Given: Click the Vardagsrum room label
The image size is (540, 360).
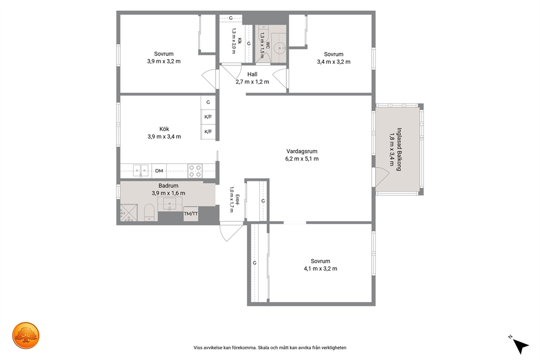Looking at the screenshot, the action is click(x=302, y=151).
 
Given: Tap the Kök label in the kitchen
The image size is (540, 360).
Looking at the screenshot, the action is click(x=164, y=129).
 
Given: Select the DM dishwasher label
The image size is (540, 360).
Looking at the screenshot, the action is click(x=159, y=171).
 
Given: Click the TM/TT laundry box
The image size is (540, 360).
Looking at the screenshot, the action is click(x=191, y=213).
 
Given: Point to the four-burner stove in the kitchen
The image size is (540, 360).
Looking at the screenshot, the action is click(x=195, y=171).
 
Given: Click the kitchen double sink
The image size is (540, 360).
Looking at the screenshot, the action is click(x=141, y=170).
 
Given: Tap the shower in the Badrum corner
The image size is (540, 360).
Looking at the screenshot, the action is click(x=128, y=212).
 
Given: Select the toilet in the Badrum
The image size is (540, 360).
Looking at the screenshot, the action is click(x=149, y=212).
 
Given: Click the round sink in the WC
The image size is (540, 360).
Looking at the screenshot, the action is click(x=279, y=48).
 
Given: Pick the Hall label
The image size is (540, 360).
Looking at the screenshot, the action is click(x=252, y=74).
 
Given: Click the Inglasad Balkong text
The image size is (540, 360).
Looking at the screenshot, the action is click(x=399, y=150).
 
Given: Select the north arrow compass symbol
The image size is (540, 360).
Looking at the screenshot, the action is click(x=520, y=345).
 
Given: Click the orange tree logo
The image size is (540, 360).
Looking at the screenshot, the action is click(x=26, y=335).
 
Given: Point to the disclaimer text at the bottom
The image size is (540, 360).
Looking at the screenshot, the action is click(x=270, y=347).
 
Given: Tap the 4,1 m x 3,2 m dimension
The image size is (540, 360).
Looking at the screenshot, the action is click(x=320, y=269).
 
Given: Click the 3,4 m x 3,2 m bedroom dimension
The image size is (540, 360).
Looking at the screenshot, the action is click(x=334, y=62).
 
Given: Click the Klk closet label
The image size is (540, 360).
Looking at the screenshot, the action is click(x=240, y=41).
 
